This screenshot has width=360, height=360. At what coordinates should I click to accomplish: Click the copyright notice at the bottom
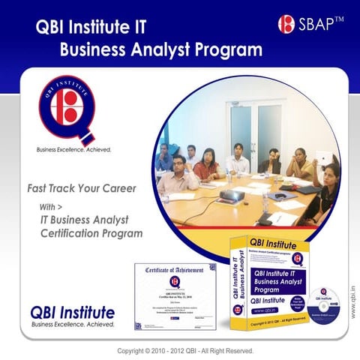186,350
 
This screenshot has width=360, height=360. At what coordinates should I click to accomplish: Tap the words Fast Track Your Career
81,188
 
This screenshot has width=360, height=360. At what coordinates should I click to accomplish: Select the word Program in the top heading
225,50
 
